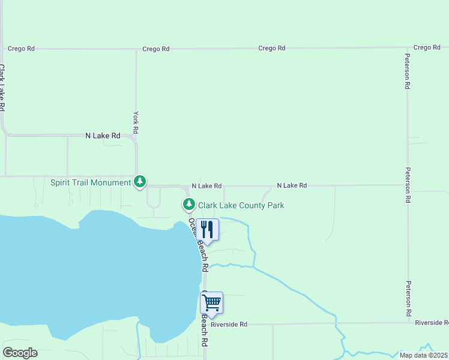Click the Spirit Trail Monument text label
[91, 182]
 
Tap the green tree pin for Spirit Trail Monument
[140, 181]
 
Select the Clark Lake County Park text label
[241, 205]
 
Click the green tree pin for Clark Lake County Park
[189, 205]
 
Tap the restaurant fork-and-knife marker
[207, 230]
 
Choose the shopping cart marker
[211, 303]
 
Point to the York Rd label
[136, 122]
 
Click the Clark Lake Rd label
[3, 88]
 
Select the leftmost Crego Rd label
[21, 49]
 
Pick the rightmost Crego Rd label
[427, 47]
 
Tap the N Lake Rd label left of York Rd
[103, 136]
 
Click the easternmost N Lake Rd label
[292, 186]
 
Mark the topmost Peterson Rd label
[407, 71]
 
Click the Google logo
[20, 353]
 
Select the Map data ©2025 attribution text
[424, 355]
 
